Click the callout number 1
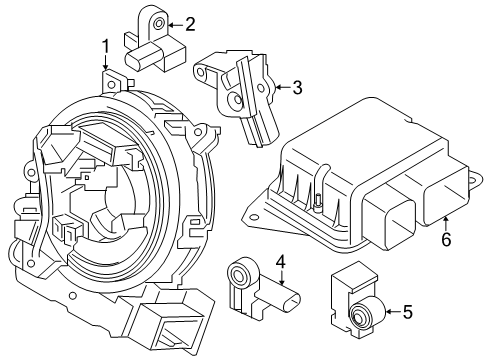click(105, 45)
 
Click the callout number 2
click(190, 23)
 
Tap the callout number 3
click(297, 88)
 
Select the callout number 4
click(281, 262)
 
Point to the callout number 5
click(406, 313)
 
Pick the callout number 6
click(446, 239)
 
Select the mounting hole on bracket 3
click(237, 100)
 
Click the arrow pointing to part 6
click(446, 221)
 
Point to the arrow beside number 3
click(279, 88)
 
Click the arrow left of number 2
click(174, 23)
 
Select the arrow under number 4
click(282, 280)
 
